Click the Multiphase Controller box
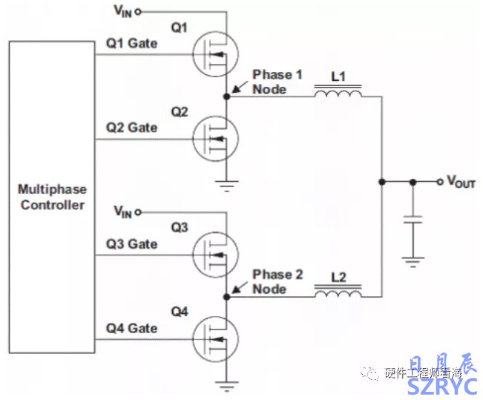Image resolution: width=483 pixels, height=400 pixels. coord(51,197)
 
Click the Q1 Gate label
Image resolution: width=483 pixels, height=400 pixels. coord(131,44)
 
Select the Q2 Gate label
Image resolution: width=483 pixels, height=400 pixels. coord(131,128)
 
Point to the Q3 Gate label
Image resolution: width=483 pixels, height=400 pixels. coord(131,244)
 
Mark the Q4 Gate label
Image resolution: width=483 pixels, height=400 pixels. coord(131,328)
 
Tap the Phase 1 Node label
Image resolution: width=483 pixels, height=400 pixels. coord(277,82)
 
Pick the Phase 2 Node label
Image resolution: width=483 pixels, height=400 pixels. coord(277,281)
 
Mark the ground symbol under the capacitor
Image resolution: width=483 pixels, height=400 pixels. coord(413,258)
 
